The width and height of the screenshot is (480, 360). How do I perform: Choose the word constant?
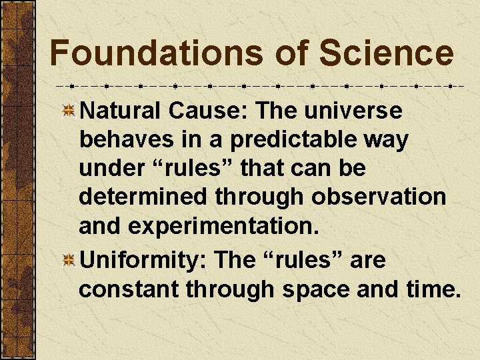pyautogui.click(x=127, y=289)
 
